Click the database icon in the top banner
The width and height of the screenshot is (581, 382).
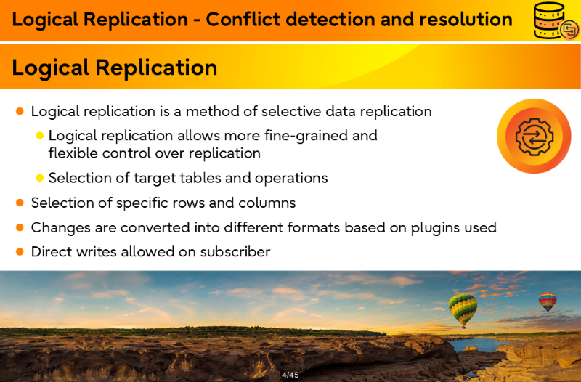(556, 20)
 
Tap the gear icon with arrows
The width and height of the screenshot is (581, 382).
(534, 137)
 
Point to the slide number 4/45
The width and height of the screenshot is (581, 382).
(290, 375)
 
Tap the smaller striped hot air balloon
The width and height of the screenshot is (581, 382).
(548, 301)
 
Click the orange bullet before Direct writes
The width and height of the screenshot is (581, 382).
(20, 252)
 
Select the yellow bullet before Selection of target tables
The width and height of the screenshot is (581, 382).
(40, 178)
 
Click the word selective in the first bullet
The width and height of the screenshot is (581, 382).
(290, 111)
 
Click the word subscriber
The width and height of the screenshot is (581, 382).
(235, 252)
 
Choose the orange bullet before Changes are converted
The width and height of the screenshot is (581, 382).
(20, 227)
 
